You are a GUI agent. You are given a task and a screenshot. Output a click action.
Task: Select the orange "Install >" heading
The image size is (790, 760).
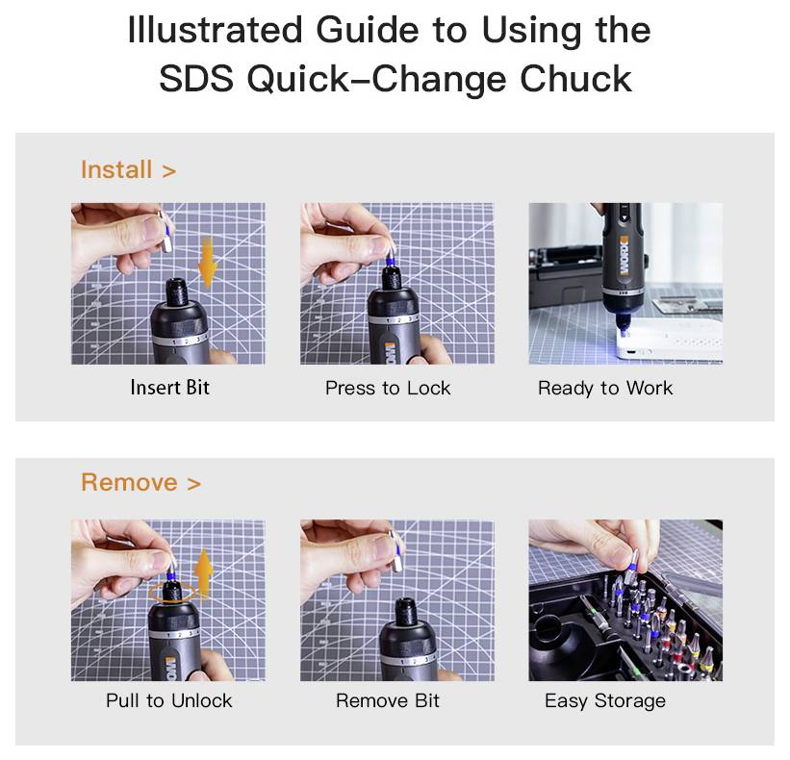128,170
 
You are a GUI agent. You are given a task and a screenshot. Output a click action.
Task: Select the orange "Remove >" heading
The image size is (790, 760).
140,483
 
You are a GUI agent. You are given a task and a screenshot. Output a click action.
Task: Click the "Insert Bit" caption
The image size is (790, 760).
169,389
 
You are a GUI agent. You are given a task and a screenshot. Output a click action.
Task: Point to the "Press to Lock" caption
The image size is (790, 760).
388,389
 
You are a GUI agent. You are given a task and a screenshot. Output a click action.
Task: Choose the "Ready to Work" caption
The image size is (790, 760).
605,389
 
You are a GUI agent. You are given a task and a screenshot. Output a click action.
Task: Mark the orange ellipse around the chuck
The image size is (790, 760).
173,592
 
